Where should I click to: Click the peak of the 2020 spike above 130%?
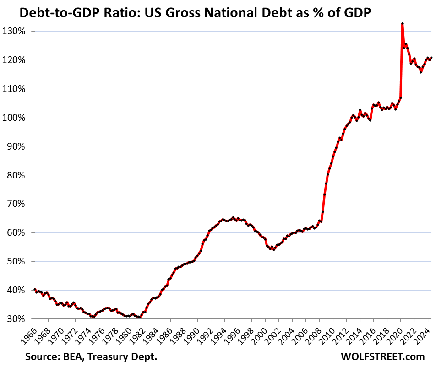[x=402, y=23]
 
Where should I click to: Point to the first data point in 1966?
[x=35, y=289]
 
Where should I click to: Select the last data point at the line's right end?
[x=431, y=58]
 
